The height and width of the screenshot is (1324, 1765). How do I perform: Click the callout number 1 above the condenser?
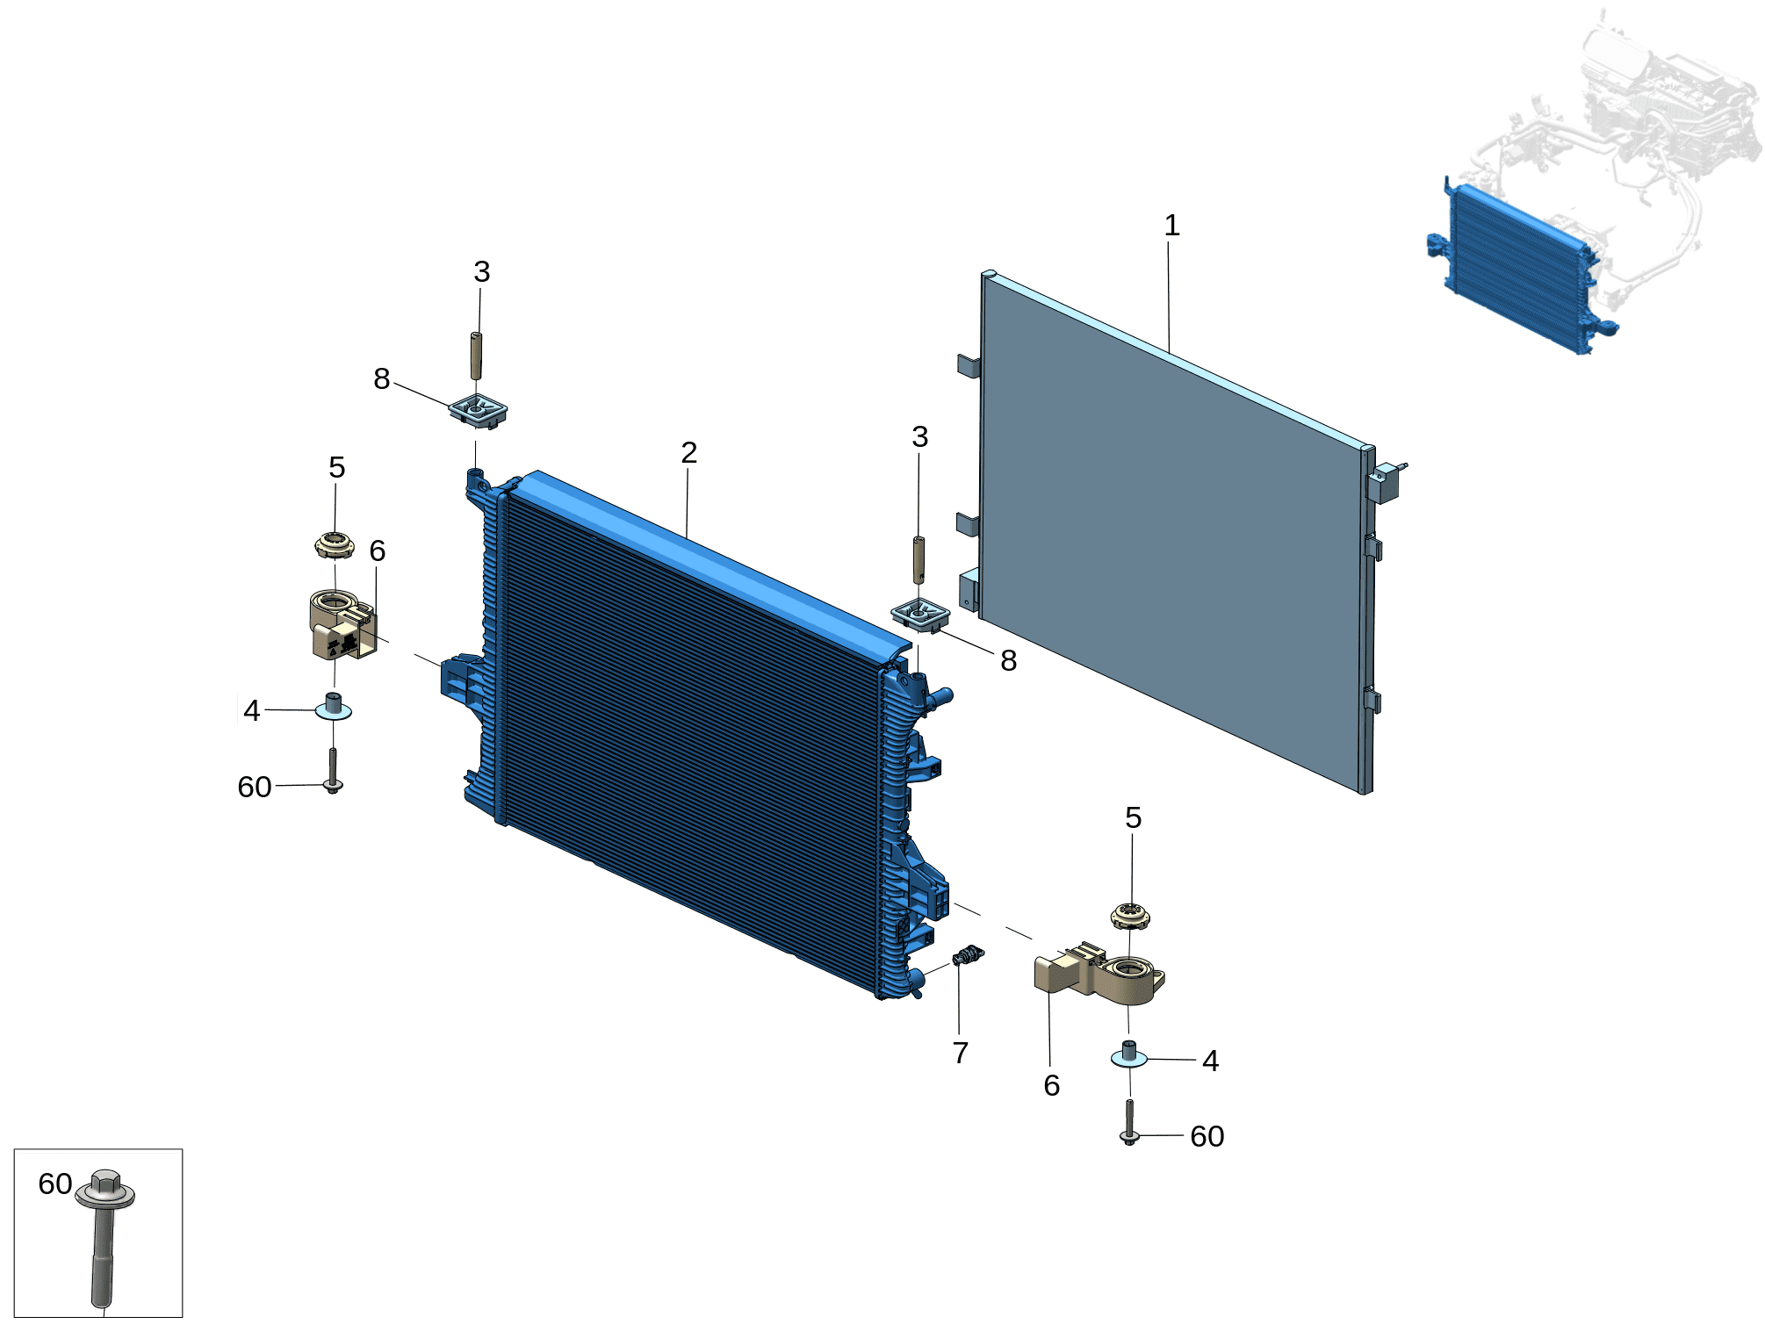pos(1171,226)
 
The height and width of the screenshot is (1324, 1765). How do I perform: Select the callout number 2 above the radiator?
pos(688,452)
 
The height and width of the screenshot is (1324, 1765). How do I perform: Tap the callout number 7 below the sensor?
pos(961,1052)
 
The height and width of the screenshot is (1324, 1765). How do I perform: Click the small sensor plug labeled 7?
pos(968,955)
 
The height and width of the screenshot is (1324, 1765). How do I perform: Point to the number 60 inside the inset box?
pos(54,1184)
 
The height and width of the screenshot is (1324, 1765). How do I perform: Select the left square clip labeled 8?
pos(479,411)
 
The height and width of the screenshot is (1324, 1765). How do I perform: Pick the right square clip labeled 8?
pos(920,614)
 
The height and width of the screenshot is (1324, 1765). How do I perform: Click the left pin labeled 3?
pos(476,356)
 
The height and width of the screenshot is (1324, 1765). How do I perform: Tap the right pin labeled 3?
pos(919,559)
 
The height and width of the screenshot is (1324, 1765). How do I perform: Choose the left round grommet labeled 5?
pos(335,545)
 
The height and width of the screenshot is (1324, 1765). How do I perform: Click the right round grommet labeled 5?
pos(1130,917)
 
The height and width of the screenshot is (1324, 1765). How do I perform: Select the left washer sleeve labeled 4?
pos(334,707)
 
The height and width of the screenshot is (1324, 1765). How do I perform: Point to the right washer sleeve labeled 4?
pos(1129,1054)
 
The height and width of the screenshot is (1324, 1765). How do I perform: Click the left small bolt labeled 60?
pos(333,770)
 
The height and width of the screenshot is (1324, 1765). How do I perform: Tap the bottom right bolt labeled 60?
pos(1129,1122)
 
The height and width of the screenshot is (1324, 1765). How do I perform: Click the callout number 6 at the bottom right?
pos(1051,1086)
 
